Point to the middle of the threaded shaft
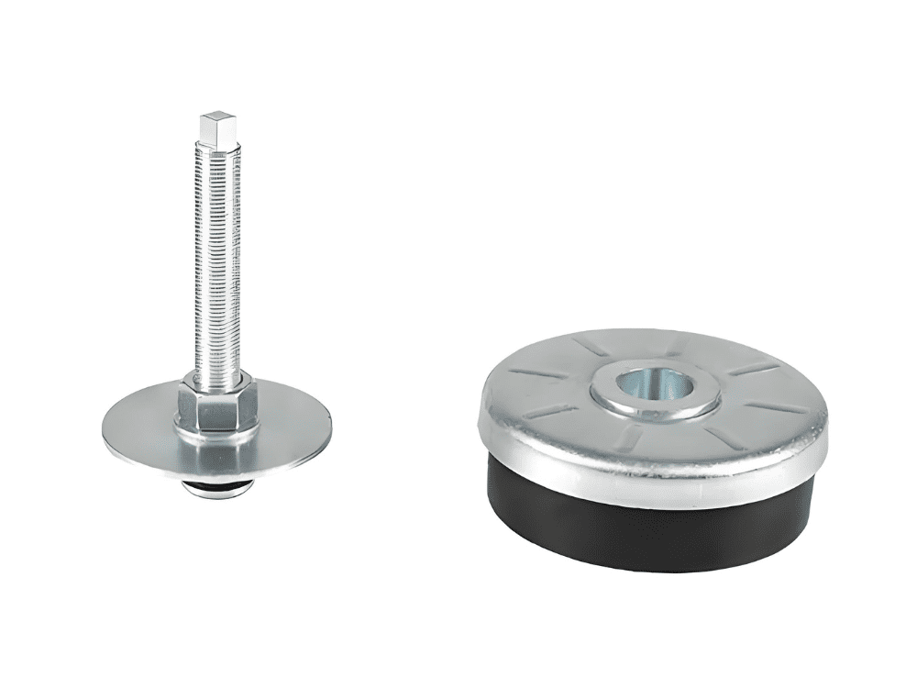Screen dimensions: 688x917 (x=217, y=266)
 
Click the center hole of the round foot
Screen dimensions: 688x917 (x=653, y=383)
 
